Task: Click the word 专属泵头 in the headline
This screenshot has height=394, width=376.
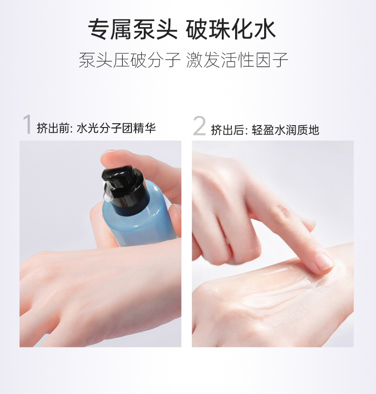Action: point(132,30)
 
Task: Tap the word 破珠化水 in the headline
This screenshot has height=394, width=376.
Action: point(231,30)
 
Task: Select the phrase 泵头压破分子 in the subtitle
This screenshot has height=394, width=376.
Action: point(129,60)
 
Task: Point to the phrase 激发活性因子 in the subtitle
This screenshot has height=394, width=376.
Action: point(237,60)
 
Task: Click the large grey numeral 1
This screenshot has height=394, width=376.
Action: point(27,124)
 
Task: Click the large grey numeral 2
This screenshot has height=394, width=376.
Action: point(199,126)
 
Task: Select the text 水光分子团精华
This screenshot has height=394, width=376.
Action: point(116,128)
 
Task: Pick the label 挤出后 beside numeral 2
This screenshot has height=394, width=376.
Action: point(227,130)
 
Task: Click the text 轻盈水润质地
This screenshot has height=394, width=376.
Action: point(286,130)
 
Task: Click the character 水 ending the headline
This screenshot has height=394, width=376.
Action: point(265,30)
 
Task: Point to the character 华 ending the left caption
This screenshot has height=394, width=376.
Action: point(150,128)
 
